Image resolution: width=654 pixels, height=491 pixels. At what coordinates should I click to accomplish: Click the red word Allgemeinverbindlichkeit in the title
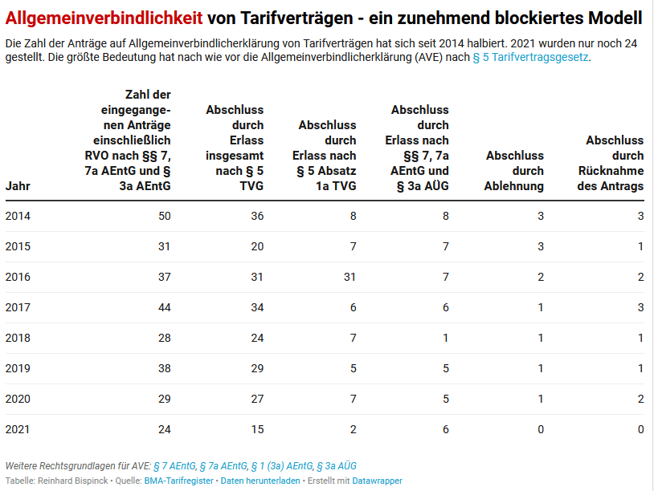(x=104, y=17)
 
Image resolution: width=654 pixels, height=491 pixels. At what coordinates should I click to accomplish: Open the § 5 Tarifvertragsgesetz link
(x=530, y=58)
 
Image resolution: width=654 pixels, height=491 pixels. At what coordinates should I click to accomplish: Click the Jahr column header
(x=18, y=185)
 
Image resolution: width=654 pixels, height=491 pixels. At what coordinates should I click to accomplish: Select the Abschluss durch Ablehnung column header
(x=514, y=170)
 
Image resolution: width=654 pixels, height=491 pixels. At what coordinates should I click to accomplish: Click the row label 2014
(x=18, y=216)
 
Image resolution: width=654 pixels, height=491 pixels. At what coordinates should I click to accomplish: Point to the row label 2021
(x=18, y=429)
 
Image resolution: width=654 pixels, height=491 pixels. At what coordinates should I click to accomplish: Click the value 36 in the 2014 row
(x=256, y=216)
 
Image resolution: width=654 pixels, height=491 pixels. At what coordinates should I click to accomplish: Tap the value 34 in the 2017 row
(x=256, y=307)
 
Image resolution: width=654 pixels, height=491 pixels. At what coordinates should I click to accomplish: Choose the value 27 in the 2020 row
(x=256, y=399)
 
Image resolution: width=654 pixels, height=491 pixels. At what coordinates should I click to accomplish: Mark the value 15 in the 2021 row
(x=256, y=429)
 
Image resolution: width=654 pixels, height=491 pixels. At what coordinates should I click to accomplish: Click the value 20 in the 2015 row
(x=256, y=246)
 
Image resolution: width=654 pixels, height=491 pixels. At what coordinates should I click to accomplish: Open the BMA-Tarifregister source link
(x=178, y=481)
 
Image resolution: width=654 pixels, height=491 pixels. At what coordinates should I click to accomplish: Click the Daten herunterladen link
(x=260, y=481)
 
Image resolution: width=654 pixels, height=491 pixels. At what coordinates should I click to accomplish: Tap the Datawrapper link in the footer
(x=377, y=481)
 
